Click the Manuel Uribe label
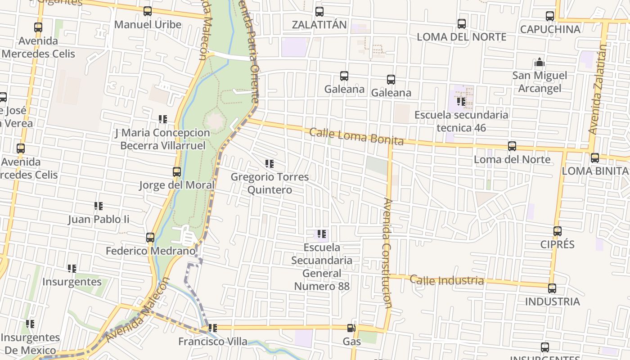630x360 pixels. coord(148,24)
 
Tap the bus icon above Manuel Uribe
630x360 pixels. coord(148,11)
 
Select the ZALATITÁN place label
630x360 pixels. coord(319,24)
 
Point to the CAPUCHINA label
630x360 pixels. coord(550,29)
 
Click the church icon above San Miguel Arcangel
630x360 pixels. coord(540,62)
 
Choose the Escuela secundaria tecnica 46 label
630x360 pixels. coord(461,121)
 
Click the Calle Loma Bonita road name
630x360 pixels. coord(356,136)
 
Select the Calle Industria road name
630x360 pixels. coord(447,280)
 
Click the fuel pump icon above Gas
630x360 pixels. coord(351,328)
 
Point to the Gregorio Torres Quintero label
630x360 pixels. coord(270,183)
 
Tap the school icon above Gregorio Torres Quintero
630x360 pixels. coord(270,164)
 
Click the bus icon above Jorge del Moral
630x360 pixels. coord(177,172)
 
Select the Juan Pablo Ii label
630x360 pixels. coord(99,219)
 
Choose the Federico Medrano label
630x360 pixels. coord(151,251)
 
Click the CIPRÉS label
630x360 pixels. coord(558,244)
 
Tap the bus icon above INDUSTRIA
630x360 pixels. coord(552,288)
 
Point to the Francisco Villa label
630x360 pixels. coord(213,342)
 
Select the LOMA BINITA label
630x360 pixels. coord(595,171)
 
